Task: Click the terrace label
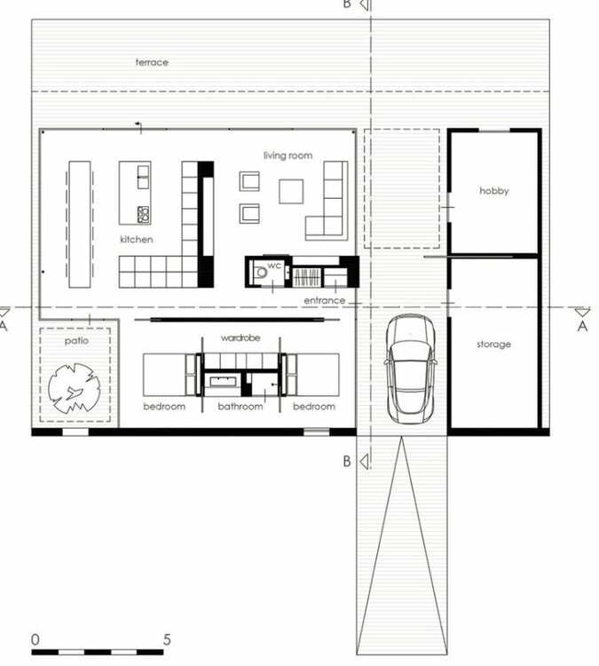152,62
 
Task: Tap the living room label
288,155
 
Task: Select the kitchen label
137,240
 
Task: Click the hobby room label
494,191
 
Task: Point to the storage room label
493,344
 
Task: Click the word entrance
324,301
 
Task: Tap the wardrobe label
239,338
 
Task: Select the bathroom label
240,407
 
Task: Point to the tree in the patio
75,388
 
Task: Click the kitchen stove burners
143,214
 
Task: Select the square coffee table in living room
292,191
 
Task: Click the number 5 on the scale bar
168,639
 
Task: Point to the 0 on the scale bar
35,639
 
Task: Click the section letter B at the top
348,4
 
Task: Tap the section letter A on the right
583,326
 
